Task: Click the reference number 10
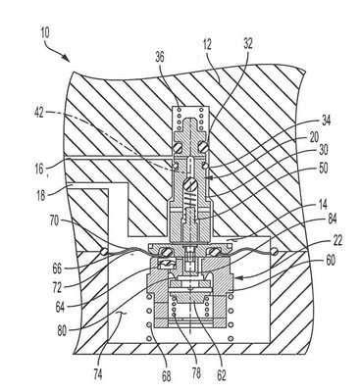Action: click(45, 33)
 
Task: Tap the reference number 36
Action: click(160, 58)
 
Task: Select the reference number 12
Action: click(206, 45)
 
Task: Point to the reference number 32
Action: click(248, 44)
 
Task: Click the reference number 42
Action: click(39, 113)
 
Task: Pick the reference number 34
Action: click(326, 121)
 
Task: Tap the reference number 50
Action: click(322, 169)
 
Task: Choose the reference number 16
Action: click(39, 169)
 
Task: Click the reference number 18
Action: click(40, 196)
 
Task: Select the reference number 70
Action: click(54, 220)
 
